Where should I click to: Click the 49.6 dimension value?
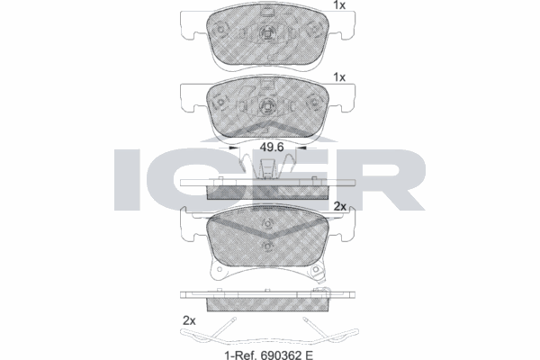(272, 148)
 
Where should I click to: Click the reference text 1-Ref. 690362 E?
(268, 355)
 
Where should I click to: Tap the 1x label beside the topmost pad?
(339, 5)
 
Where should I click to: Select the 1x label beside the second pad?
(339, 77)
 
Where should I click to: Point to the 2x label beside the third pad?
(340, 206)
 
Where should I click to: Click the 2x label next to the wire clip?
(189, 321)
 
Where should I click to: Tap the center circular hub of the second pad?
(267, 104)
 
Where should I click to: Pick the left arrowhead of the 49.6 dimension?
(234, 148)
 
